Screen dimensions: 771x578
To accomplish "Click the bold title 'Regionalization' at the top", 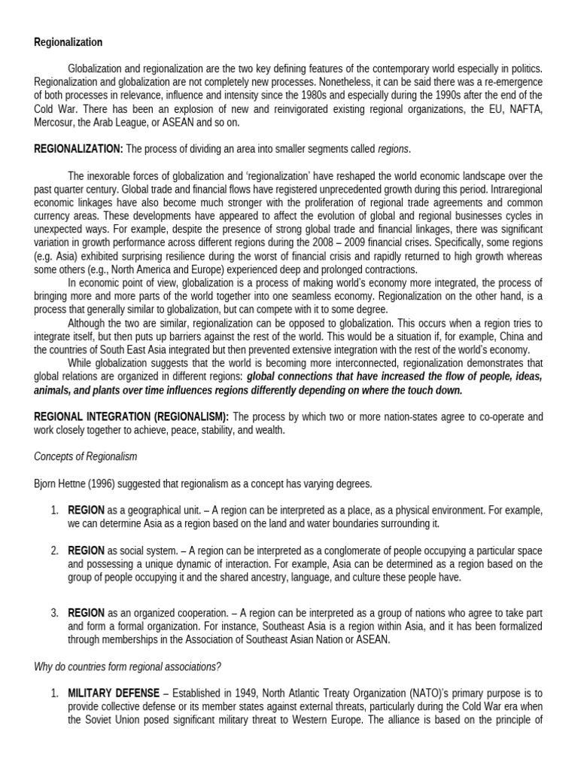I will click(x=68, y=42).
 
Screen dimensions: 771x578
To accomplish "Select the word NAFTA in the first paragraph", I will click(x=524, y=110).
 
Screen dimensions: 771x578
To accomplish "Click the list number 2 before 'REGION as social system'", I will click(x=55, y=550).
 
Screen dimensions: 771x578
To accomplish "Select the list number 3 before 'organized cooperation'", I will click(x=55, y=613).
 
